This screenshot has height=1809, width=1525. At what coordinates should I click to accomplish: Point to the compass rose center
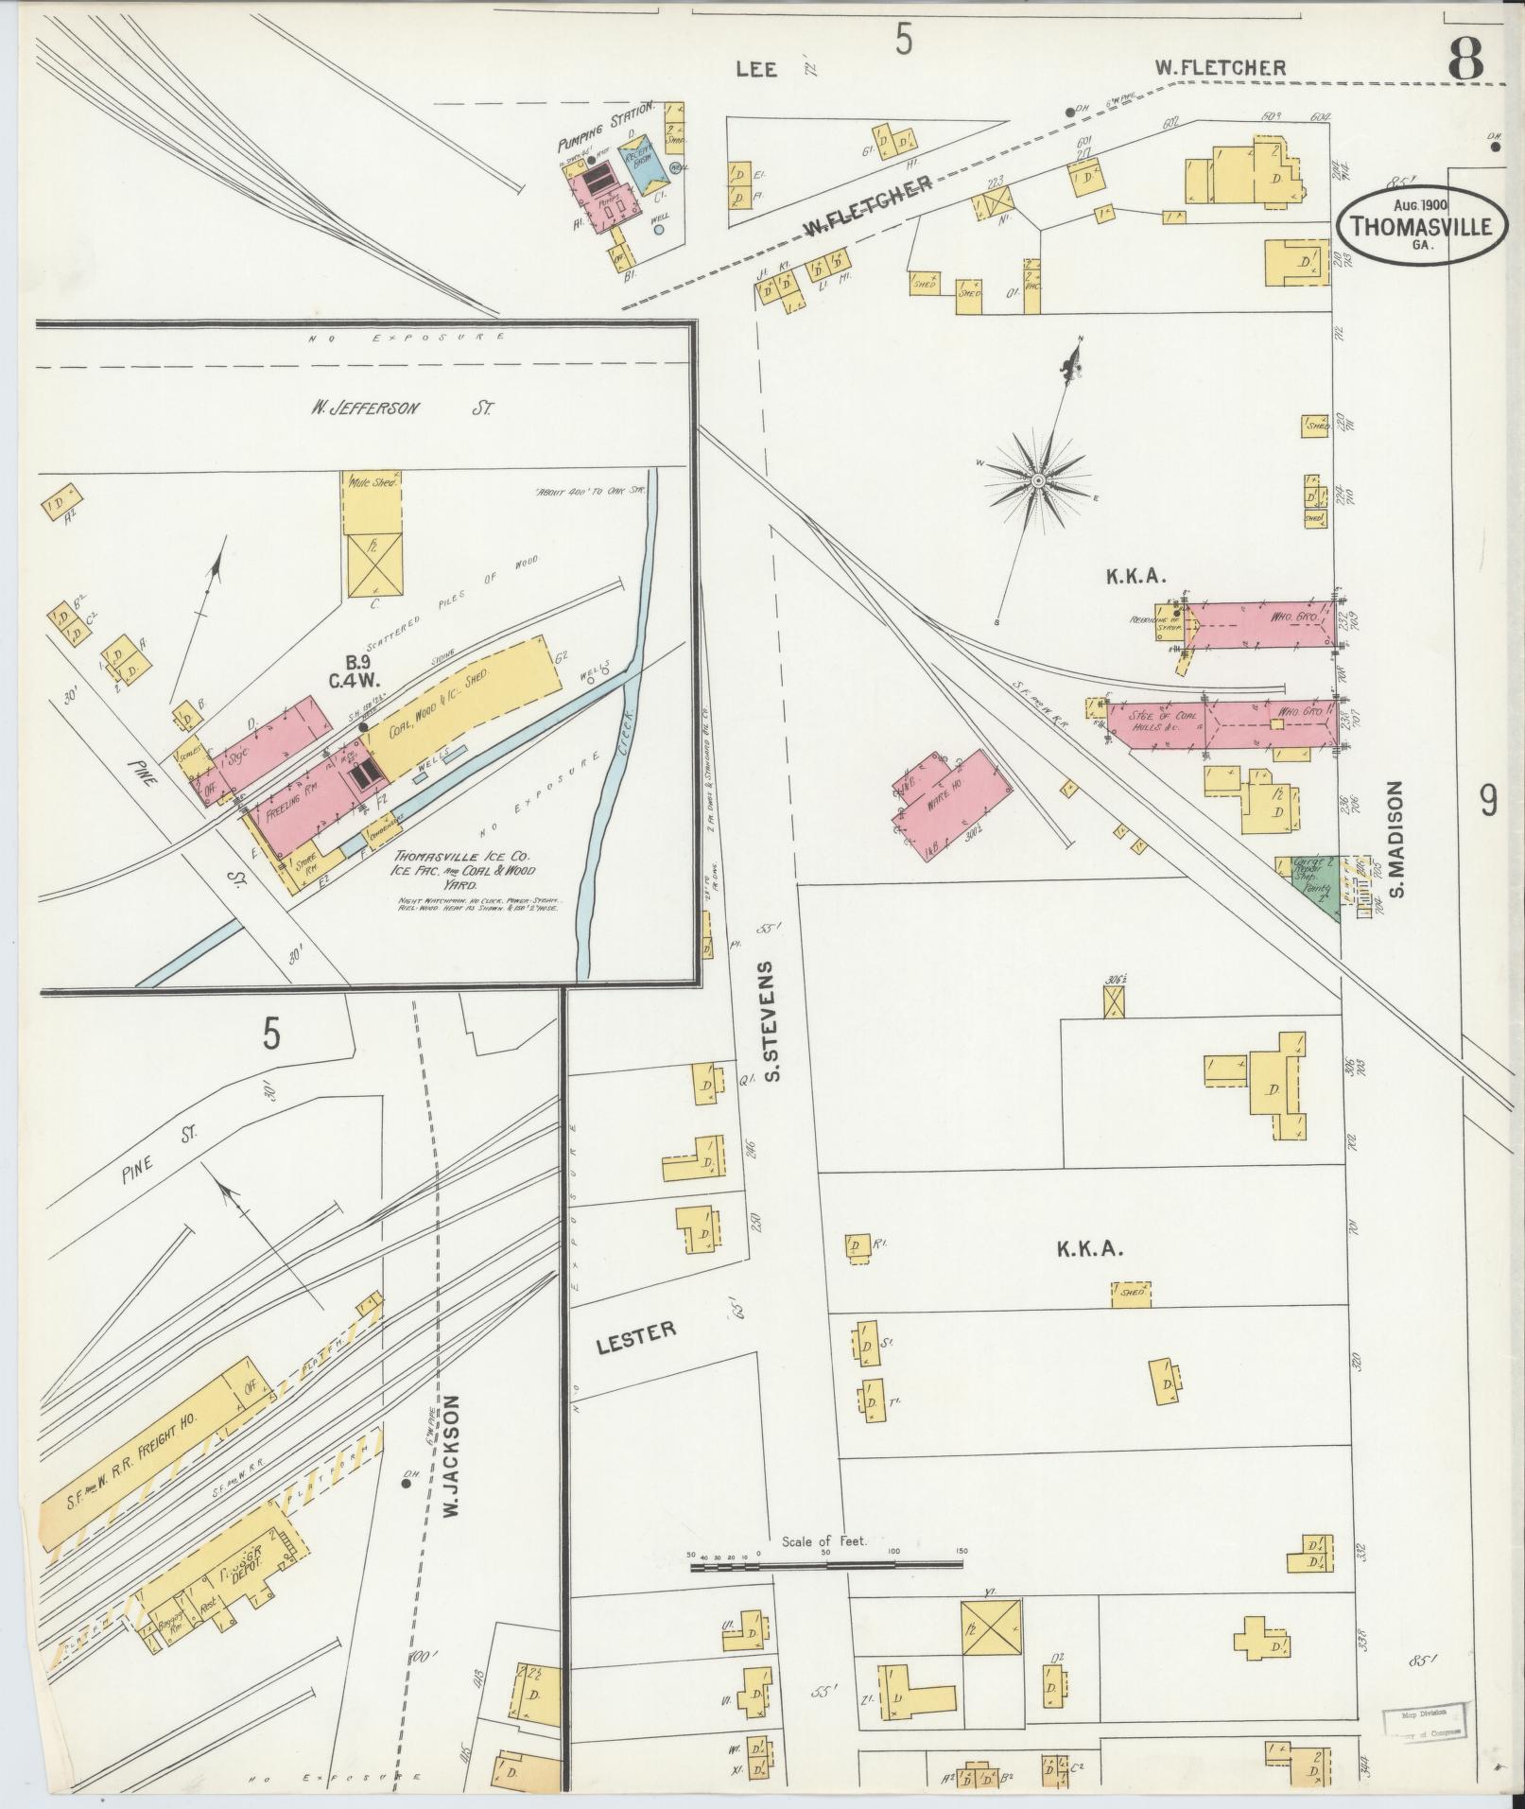point(1038,481)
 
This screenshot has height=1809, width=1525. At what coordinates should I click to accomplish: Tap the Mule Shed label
point(371,481)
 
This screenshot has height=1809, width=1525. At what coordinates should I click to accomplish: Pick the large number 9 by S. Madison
point(1488,802)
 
